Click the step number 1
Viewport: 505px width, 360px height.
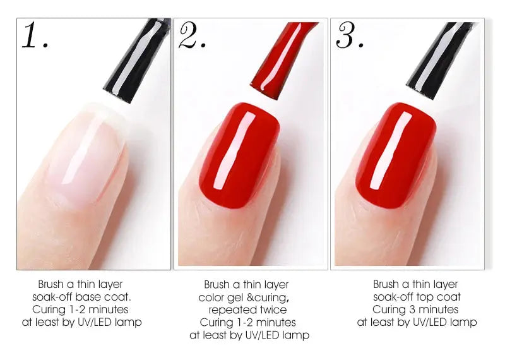tap(34, 36)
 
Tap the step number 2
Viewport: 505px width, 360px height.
tap(191, 36)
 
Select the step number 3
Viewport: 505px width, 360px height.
tap(348, 36)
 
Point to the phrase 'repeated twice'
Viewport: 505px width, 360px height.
tap(247, 309)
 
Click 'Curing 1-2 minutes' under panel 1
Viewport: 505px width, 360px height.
tap(80, 309)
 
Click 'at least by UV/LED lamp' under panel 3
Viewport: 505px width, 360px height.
tap(417, 322)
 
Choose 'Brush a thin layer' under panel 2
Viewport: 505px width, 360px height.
tap(246, 285)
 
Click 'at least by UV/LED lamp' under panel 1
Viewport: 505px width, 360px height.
tap(81, 322)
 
